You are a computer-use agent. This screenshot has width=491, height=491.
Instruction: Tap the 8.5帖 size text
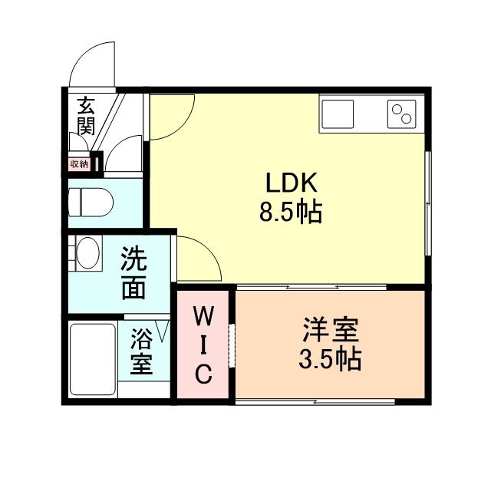pyautogui.click(x=291, y=210)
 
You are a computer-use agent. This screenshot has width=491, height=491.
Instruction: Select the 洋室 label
pyautogui.click(x=330, y=333)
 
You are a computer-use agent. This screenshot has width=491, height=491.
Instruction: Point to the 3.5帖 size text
pyautogui.click(x=330, y=358)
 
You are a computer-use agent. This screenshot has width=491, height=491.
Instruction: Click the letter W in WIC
pyautogui.click(x=203, y=315)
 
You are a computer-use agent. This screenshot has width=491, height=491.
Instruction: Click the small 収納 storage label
pyautogui.click(x=79, y=163)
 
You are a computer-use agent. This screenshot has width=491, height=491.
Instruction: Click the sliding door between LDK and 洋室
pyautogui.click(x=311, y=287)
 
